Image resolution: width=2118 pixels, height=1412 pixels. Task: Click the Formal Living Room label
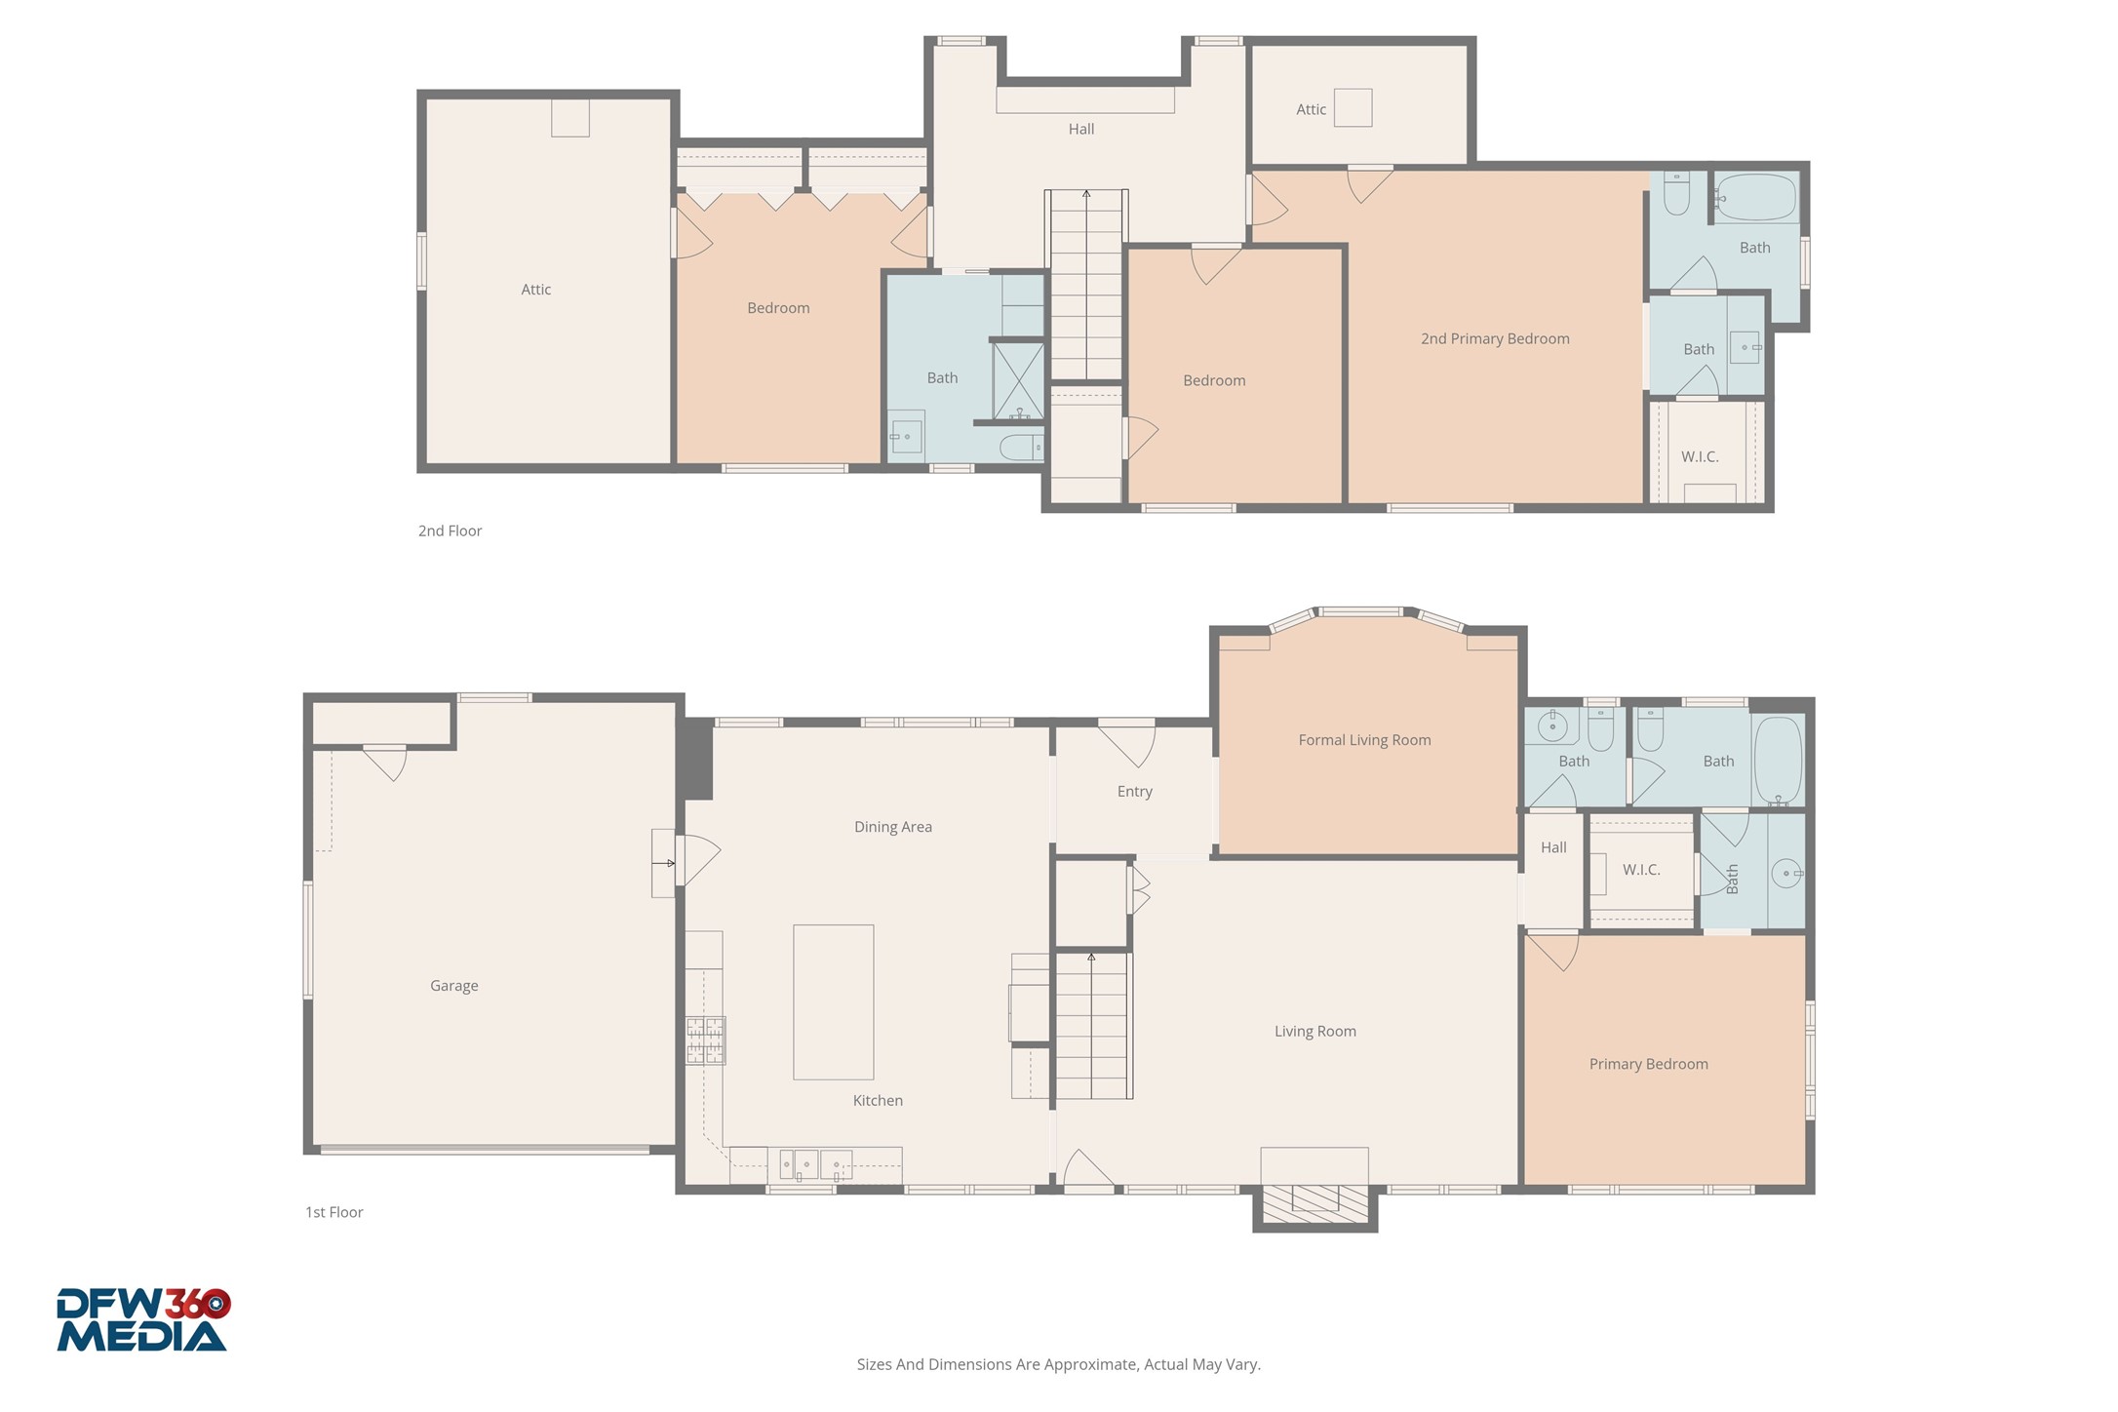[x=1363, y=740]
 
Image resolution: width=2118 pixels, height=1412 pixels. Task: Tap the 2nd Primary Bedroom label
[x=1494, y=339]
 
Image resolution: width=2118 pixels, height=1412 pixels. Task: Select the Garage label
[x=453, y=986]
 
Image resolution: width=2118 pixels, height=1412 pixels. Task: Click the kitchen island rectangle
[x=833, y=1001]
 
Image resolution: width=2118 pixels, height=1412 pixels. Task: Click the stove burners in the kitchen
[x=705, y=1040]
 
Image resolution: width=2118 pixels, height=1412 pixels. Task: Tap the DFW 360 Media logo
[x=142, y=1320]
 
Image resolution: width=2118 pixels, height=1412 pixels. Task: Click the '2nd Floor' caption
[x=450, y=531]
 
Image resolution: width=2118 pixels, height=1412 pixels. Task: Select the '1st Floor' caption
[x=333, y=1212]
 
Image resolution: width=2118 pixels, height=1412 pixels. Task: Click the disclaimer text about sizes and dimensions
[x=1058, y=1364]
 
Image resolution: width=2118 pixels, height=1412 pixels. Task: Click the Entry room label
[x=1134, y=792]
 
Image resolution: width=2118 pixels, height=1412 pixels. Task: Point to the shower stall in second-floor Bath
[x=1018, y=380]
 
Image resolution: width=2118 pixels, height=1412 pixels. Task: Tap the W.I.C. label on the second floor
[x=1699, y=457]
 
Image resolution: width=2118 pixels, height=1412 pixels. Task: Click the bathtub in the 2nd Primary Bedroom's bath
[x=1755, y=198]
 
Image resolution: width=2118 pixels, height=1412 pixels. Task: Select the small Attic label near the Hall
[x=1311, y=110]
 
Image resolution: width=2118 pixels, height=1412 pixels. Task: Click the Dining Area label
[x=892, y=827]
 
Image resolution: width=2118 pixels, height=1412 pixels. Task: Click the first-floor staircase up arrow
[x=1091, y=960]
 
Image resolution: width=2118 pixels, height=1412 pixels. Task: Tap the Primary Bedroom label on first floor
[x=1648, y=1064]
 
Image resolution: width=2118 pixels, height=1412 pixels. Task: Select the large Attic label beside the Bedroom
[x=535, y=290]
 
